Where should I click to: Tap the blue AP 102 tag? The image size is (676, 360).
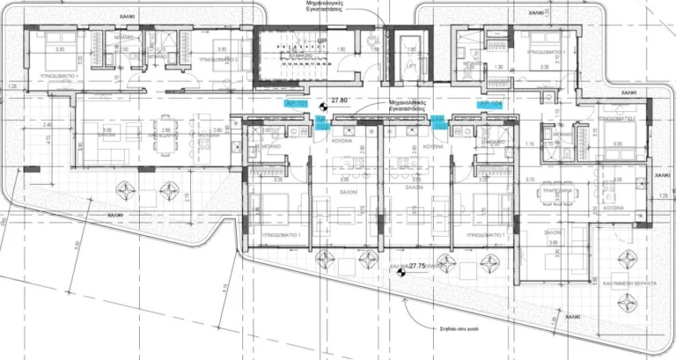[x=322, y=123]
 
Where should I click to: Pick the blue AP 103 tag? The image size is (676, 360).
[x=437, y=123]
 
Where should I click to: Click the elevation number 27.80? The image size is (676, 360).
[x=340, y=101]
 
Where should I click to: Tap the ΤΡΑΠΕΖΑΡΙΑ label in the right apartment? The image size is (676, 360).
[x=557, y=189]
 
